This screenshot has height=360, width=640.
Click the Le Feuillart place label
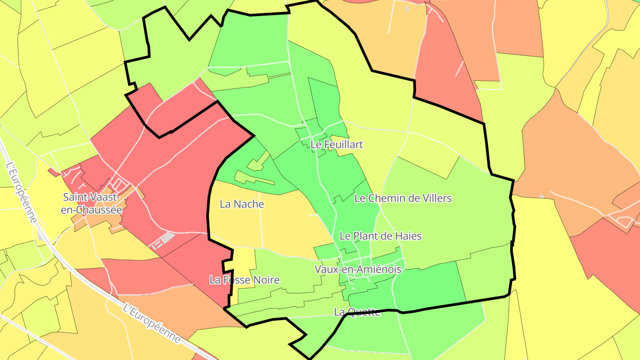pyautogui.click(x=336, y=144)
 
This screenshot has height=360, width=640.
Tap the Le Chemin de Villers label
pyautogui.click(x=403, y=198)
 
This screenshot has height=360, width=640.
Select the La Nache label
pyautogui.click(x=242, y=204)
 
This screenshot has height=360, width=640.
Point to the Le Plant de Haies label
pyautogui.click(x=380, y=236)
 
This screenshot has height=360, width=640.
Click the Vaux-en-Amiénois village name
pyautogui.click(x=358, y=269)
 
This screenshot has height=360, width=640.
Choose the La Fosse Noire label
pyautogui.click(x=244, y=280)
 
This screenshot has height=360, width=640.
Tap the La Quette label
pyautogui.click(x=357, y=312)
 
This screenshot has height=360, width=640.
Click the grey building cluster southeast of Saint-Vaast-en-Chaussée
pyautogui.click(x=163, y=240)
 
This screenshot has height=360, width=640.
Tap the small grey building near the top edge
pyautogui.click(x=407, y=8)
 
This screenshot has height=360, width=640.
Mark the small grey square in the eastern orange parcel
pyautogui.click(x=541, y=196)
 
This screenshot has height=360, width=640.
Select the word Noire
pyautogui.click(x=265, y=280)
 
